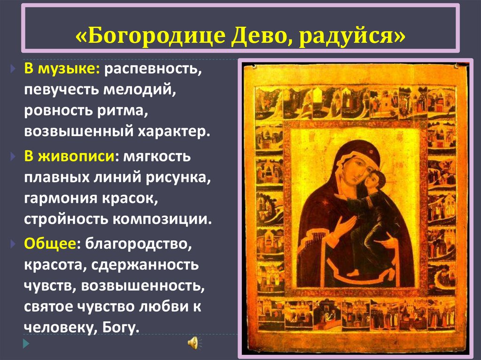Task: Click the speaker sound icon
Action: pyautogui.click(x=193, y=343)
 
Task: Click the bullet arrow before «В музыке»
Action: pyautogui.click(x=13, y=70)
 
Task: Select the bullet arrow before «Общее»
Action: pyautogui.click(x=13, y=244)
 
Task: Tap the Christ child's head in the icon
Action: pyautogui.click(x=375, y=181)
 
